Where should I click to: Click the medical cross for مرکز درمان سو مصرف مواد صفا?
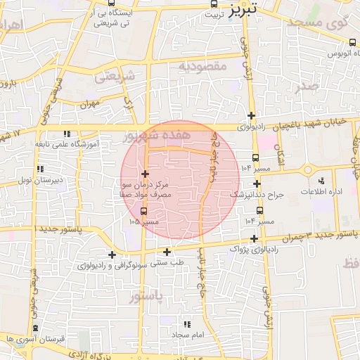click(x=145, y=174)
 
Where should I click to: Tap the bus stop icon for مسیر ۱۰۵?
click(x=144, y=210)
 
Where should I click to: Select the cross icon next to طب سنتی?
click(x=167, y=252)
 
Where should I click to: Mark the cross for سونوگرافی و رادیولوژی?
click(x=112, y=255)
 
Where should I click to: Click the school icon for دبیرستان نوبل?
click(x=40, y=169)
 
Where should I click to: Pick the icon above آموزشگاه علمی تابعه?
click(x=67, y=133)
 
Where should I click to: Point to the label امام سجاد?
click(x=187, y=335)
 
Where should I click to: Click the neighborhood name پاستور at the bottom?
click(x=146, y=297)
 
